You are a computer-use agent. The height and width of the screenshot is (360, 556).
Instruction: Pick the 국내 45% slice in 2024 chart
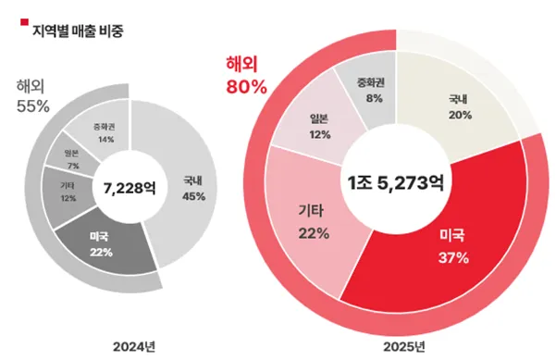tap(193, 190)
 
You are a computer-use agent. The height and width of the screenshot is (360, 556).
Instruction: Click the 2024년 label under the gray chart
tap(131, 346)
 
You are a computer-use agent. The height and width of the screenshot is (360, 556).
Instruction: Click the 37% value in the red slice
tap(453, 258)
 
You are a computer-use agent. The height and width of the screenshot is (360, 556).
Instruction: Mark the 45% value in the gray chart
tap(193, 196)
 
